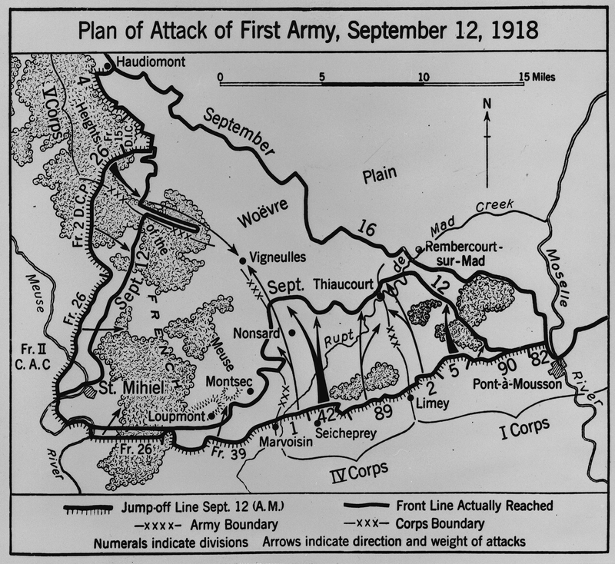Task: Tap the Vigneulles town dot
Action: click(x=243, y=261)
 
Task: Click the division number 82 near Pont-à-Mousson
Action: click(x=541, y=357)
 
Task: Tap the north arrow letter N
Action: click(x=486, y=105)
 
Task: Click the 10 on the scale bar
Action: click(x=422, y=78)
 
